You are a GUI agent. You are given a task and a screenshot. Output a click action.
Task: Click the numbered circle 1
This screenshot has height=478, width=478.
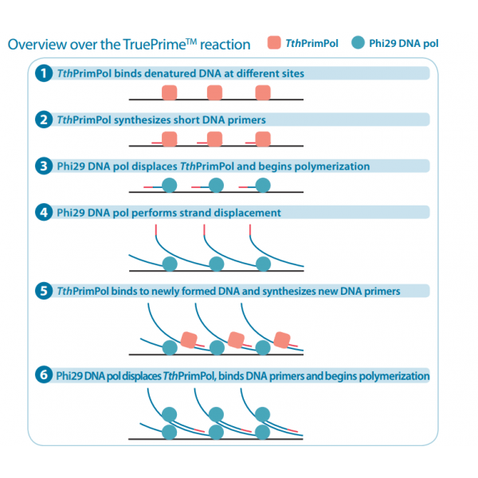(44, 73)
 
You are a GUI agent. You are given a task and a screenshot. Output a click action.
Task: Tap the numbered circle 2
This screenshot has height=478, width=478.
(44, 119)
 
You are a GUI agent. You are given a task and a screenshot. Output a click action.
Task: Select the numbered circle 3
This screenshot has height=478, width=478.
(44, 167)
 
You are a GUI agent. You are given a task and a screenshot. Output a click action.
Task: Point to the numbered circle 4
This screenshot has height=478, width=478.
(44, 213)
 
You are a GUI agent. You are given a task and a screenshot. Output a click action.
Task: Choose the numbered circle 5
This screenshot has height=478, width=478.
(44, 291)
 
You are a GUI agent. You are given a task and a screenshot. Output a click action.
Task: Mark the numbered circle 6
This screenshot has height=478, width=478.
(44, 375)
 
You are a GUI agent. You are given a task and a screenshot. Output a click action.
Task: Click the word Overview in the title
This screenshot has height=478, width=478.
(36, 45)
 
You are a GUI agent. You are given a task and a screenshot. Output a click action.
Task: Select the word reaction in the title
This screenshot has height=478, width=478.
(225, 45)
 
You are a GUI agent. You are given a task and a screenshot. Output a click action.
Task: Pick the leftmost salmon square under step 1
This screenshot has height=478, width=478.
(169, 92)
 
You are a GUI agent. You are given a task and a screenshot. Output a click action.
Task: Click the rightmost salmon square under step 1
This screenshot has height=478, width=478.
(263, 92)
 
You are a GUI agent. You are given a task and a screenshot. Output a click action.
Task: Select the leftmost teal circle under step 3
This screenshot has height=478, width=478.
(169, 186)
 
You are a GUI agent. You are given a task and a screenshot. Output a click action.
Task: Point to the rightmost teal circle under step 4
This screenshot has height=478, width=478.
(263, 263)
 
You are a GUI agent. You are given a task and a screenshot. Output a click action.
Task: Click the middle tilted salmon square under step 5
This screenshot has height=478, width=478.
(235, 339)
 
